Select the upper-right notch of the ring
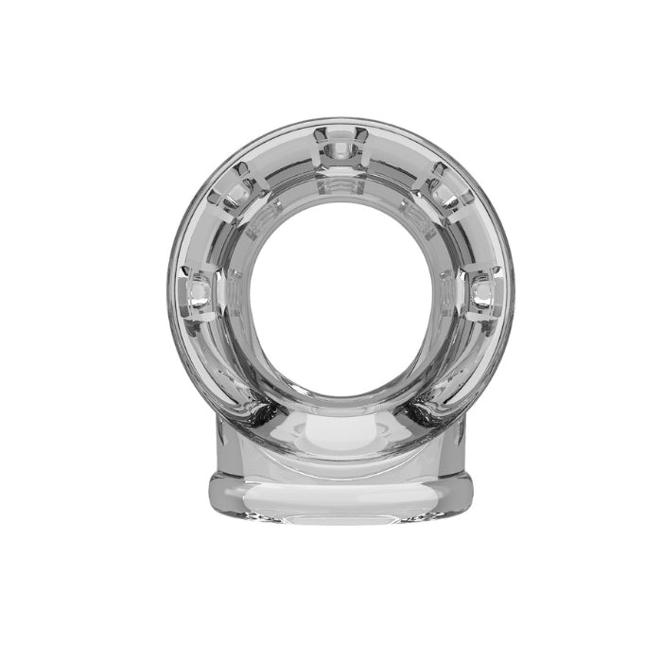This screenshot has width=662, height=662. click(447, 182)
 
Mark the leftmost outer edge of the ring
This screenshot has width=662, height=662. click(171, 284)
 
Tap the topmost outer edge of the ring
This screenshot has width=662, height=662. click(341, 119)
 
